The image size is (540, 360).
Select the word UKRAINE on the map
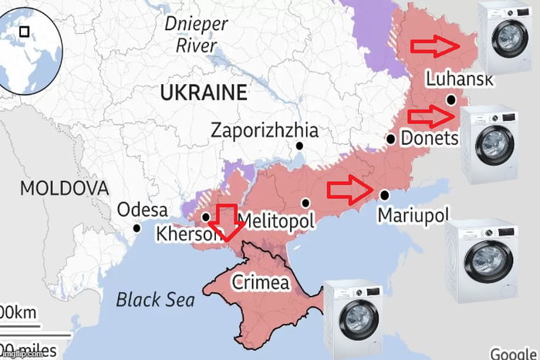(204, 93)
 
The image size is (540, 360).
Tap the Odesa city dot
(137, 227)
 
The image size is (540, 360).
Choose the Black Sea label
(155, 299)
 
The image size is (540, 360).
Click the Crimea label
(261, 282)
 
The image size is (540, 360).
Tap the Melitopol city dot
(305, 203)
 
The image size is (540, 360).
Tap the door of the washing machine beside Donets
(493, 143)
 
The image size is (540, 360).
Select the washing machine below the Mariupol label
(481, 262)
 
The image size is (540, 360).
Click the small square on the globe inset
(25, 32)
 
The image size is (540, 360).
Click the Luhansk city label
(459, 79)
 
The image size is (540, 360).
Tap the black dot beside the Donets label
(391, 140)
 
